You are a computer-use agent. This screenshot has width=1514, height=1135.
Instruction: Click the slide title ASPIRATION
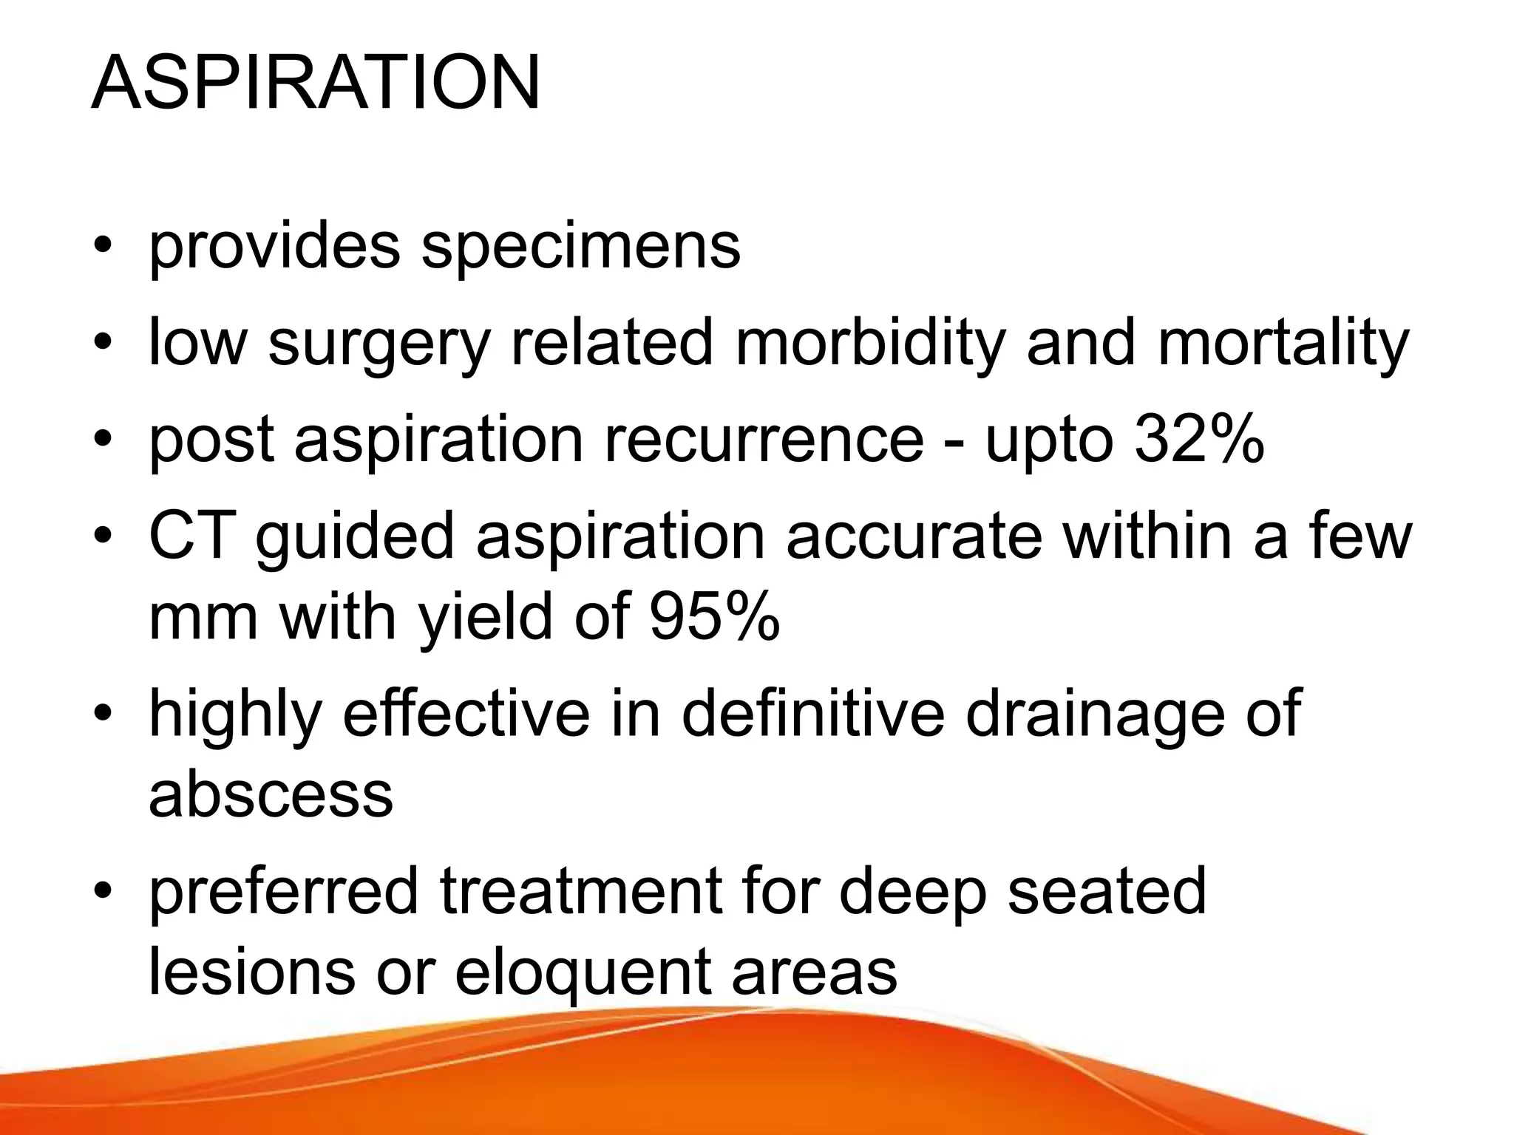316,83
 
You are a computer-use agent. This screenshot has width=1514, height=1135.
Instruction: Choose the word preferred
284,891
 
